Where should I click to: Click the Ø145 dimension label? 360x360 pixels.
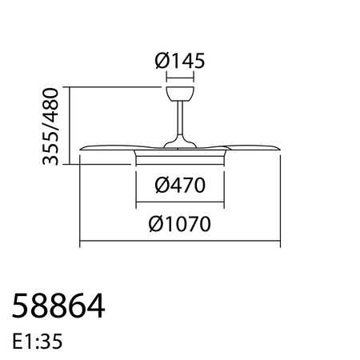point(180,60)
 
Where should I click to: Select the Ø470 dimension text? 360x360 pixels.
point(180,186)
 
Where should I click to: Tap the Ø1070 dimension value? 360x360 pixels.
point(180,225)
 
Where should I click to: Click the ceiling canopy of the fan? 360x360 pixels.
point(180,94)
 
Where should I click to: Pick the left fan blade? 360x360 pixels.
point(108,149)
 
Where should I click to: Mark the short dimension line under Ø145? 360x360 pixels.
point(180,78)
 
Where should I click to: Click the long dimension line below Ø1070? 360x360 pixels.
point(180,245)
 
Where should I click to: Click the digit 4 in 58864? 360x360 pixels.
point(97,306)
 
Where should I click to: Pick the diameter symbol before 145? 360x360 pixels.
point(160,60)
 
